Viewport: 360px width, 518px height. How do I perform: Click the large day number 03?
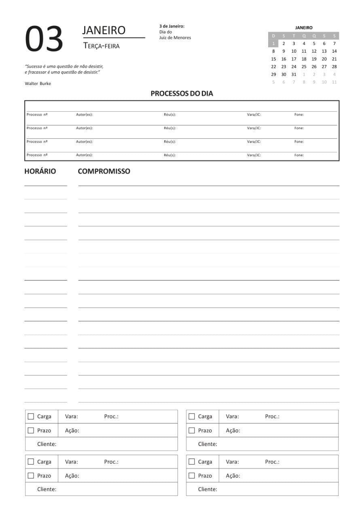(x=44, y=39)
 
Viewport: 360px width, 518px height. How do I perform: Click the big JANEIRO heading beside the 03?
(x=104, y=30)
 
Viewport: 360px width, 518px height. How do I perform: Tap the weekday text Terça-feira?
(x=102, y=46)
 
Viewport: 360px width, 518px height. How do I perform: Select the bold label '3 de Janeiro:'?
(x=172, y=26)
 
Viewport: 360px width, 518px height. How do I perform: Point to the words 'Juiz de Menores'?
(x=175, y=38)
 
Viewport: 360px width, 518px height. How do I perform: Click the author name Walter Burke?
(x=38, y=83)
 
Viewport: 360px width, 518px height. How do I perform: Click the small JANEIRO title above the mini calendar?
(x=304, y=28)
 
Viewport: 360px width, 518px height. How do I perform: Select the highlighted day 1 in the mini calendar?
(x=273, y=44)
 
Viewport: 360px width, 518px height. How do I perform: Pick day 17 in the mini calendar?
(x=294, y=59)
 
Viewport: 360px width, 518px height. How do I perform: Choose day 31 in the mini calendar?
(x=294, y=74)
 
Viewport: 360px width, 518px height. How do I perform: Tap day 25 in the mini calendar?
(x=304, y=67)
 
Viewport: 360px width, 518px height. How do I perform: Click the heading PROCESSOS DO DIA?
(x=182, y=93)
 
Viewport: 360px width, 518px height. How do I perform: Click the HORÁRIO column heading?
(x=40, y=171)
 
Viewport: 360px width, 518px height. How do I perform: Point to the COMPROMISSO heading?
(x=104, y=171)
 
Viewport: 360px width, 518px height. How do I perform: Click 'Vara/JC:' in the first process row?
(x=254, y=115)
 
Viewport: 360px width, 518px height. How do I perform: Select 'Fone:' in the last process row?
(x=299, y=155)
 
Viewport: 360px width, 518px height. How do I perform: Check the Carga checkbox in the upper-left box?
(x=31, y=416)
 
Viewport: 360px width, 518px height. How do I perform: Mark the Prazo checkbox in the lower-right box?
(x=192, y=476)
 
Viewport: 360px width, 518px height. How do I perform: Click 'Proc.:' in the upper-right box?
(x=272, y=416)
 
